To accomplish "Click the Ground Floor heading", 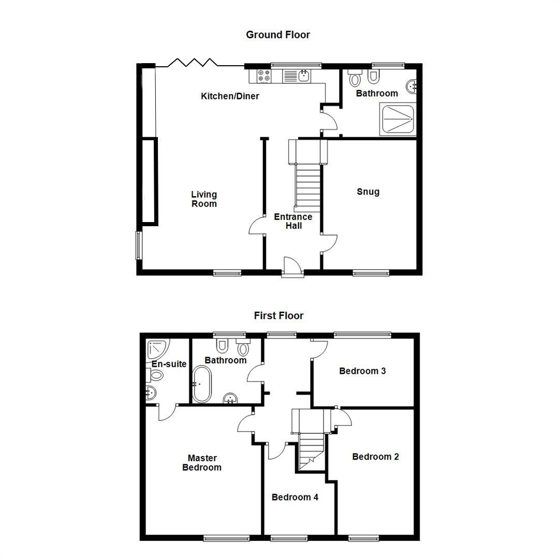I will click(278, 35).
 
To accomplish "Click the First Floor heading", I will click(278, 316).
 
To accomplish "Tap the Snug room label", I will click(368, 192).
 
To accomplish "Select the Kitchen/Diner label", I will click(230, 96).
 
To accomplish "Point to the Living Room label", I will click(204, 199).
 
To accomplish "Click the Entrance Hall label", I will click(293, 221).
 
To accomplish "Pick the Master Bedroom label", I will click(202, 463).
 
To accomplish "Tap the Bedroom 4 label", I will click(295, 497).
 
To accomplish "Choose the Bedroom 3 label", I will click(362, 371).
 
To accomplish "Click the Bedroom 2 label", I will click(375, 457).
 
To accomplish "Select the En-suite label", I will click(169, 364).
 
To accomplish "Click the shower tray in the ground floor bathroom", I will click(398, 120).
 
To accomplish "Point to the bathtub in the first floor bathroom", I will click(201, 385).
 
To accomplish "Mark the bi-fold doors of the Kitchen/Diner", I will click(200, 63).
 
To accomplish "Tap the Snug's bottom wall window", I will click(371, 273).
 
